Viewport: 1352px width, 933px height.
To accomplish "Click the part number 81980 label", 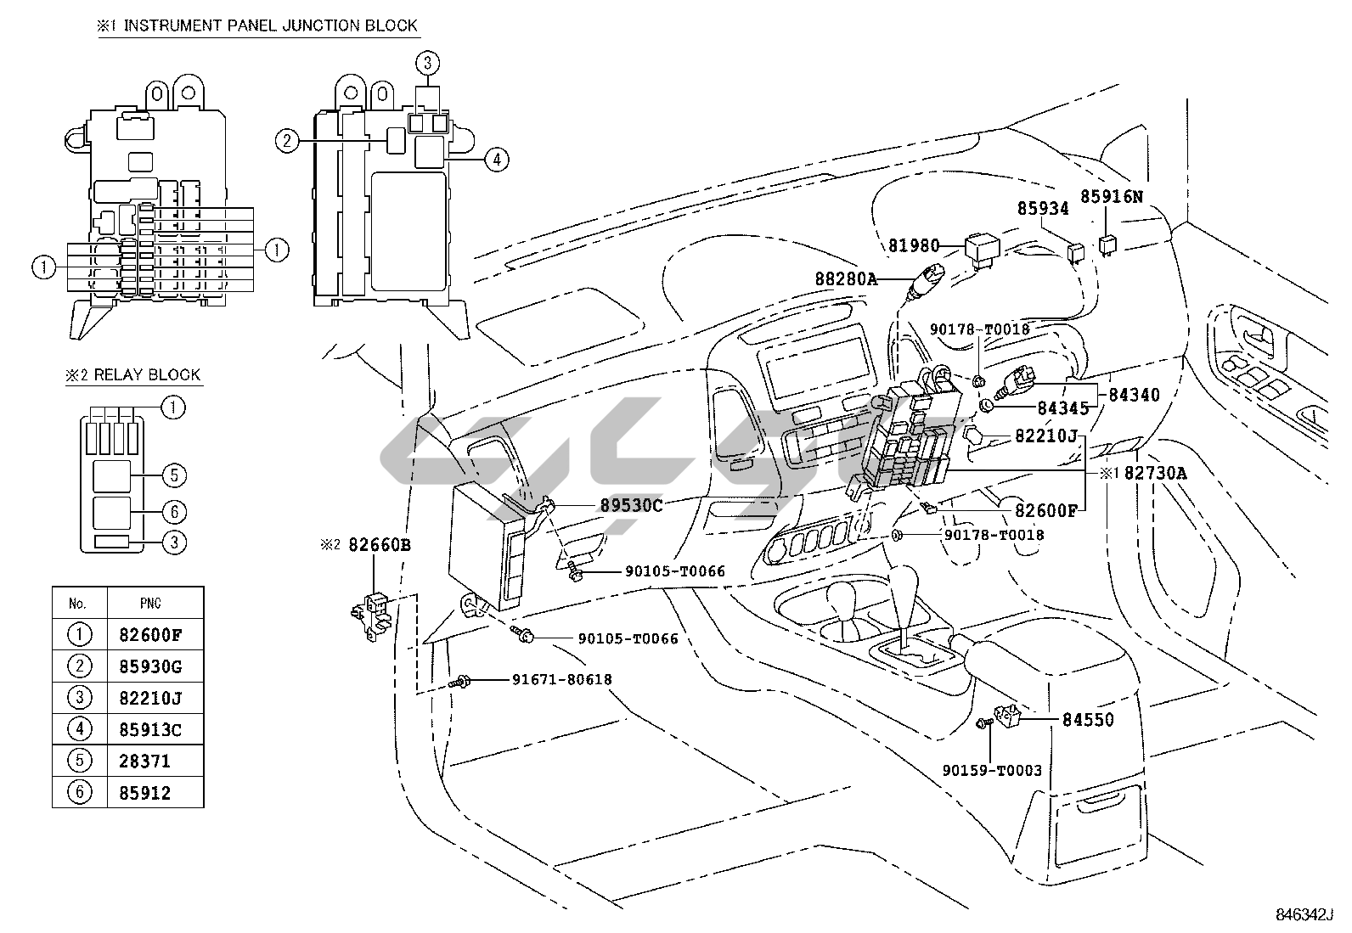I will (x=914, y=246).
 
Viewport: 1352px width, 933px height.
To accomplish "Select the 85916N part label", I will (x=1112, y=197).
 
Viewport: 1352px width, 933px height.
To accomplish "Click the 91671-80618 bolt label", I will (x=561, y=679).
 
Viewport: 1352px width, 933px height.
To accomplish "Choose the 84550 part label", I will (x=1088, y=720).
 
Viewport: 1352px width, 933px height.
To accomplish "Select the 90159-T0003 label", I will (x=991, y=771).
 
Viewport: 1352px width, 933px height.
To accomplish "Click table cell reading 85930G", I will (x=150, y=666).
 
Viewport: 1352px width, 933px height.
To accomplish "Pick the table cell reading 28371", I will (x=144, y=761).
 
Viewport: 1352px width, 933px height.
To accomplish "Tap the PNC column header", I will (x=150, y=604).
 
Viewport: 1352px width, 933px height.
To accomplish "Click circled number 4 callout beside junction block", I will (x=497, y=159).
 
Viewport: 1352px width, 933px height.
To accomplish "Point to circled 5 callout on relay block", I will (x=173, y=475).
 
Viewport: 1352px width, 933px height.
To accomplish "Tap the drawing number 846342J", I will (x=1304, y=914).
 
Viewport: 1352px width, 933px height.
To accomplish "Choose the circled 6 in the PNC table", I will (x=79, y=793).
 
